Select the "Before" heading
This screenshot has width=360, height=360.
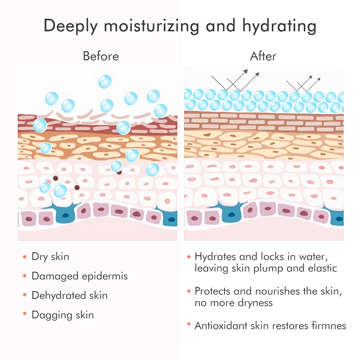[x=101, y=56]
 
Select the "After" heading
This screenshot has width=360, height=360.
[x=263, y=56]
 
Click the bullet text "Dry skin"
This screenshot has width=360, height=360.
[x=50, y=257]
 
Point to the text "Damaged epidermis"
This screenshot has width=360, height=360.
[x=80, y=276]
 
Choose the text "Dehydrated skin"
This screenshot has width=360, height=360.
[x=69, y=296]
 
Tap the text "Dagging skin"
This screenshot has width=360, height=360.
[x=63, y=315]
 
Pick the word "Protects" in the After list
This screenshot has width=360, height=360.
[x=212, y=291]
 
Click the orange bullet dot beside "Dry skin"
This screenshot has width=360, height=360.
[x=25, y=257]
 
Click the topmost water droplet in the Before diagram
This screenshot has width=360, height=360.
[x=105, y=81]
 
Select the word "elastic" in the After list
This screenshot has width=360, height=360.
[x=322, y=268]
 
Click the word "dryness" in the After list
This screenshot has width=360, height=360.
[x=255, y=303]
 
